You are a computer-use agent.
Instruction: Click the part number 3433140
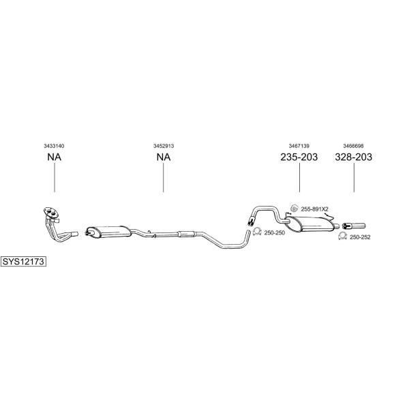pos(54,146)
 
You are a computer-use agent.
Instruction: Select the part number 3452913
pos(164,146)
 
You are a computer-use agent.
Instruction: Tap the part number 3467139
pos(299,146)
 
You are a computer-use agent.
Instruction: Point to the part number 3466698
pos(353,146)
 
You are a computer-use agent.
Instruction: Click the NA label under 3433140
pos(55,157)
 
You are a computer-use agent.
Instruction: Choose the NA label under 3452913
pos(164,157)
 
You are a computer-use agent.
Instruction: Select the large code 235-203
pos(299,157)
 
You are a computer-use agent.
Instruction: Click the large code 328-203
pos(353,157)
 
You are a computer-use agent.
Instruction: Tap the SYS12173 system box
pos(23,261)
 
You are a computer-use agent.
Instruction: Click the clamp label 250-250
pos(275,232)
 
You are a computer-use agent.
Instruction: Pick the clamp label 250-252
pos(360,237)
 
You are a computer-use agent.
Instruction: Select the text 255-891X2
pos(314,209)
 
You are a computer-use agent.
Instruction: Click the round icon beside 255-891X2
pos(294,208)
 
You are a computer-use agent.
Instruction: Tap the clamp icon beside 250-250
pos(257,231)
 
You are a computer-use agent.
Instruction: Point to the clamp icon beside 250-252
pos(342,236)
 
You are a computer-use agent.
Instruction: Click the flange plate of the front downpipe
pos(51,212)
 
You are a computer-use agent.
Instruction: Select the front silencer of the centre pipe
pos(108,232)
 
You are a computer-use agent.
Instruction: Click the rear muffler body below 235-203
pos(310,224)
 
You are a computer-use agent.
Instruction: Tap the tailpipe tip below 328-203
pos(354,226)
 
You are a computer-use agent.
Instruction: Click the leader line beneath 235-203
pos(299,177)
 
